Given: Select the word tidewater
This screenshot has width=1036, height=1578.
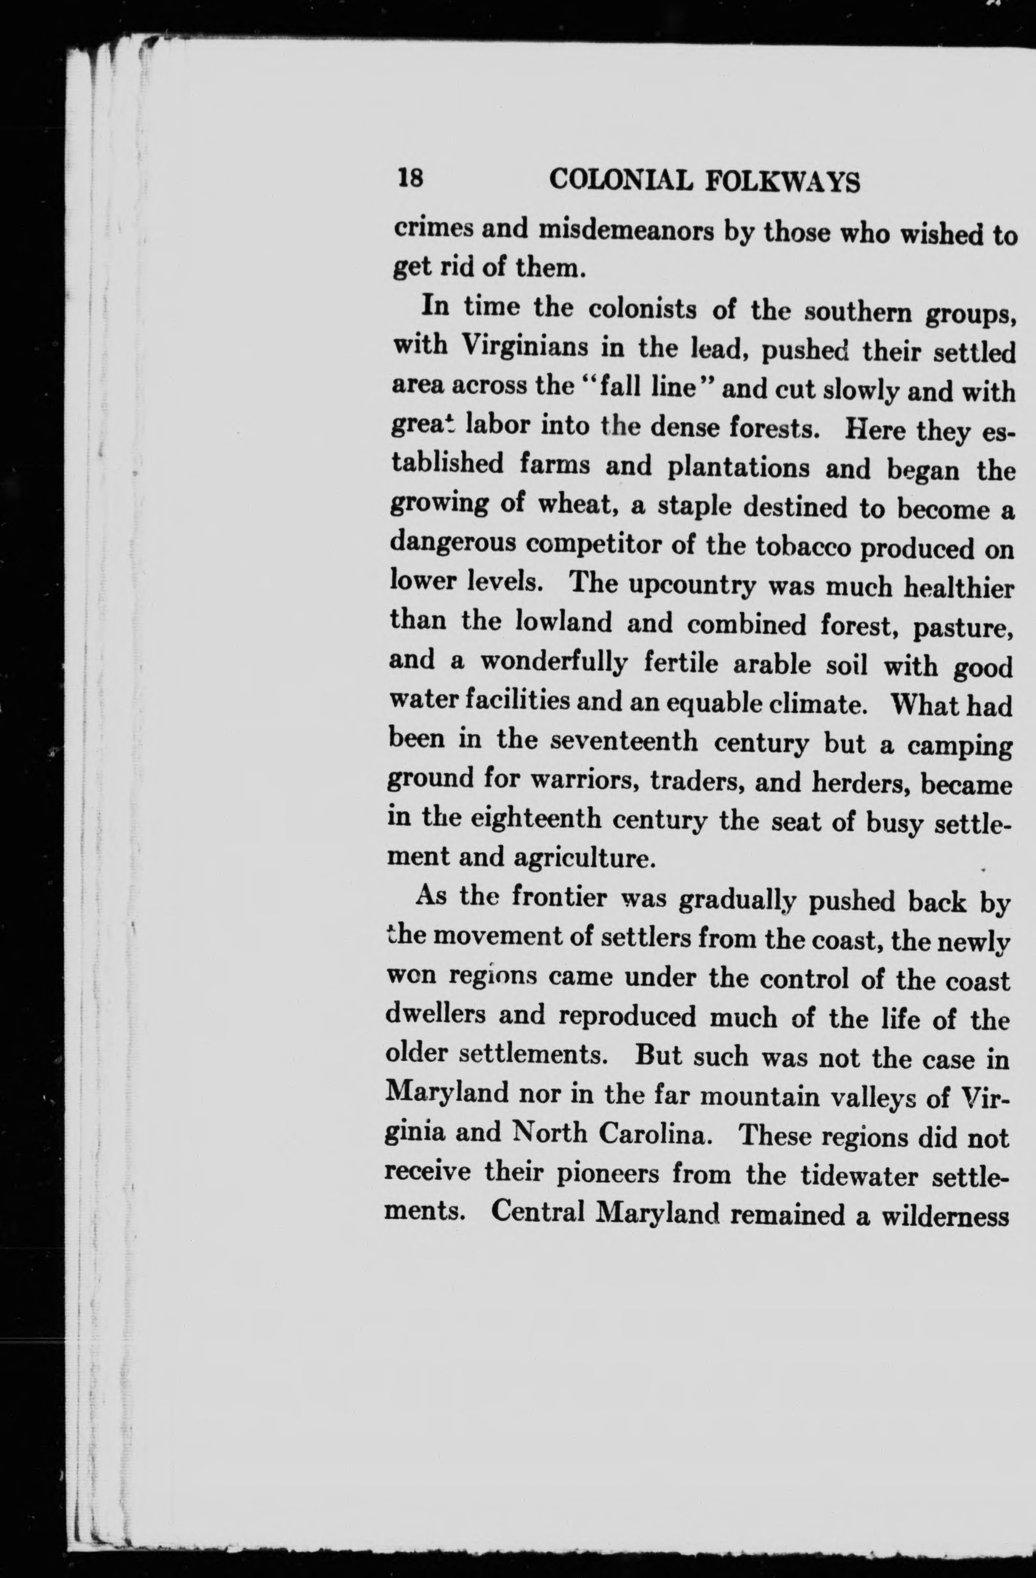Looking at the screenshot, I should (853, 1176).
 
